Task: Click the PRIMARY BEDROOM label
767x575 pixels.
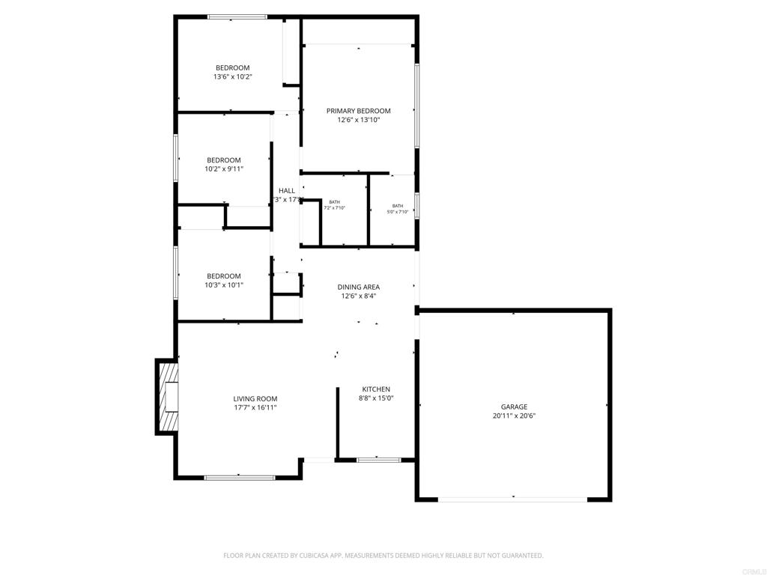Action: coord(358,111)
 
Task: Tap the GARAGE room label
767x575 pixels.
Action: coord(514,407)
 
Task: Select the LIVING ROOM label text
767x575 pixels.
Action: coord(255,399)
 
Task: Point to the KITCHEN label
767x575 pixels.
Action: coord(376,389)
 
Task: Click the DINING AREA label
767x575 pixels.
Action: coord(358,287)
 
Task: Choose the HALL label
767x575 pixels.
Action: coord(287,190)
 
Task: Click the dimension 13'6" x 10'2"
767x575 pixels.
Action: coord(232,76)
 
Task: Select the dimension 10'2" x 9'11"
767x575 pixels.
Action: coord(224,169)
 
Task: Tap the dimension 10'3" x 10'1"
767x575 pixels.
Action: coord(224,285)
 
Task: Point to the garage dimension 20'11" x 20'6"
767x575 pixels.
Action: coord(514,416)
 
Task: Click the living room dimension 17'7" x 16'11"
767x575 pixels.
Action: coord(255,408)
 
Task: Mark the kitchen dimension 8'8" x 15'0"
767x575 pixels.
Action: coord(376,398)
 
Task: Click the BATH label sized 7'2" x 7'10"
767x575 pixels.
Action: coord(334,202)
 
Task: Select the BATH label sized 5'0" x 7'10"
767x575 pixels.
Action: coord(397,206)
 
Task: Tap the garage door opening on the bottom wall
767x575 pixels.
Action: coord(514,499)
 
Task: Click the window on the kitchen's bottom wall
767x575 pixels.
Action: coord(378,460)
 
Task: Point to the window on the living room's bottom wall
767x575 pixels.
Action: coord(239,477)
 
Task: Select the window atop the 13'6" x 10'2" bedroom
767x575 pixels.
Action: coord(237,16)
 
